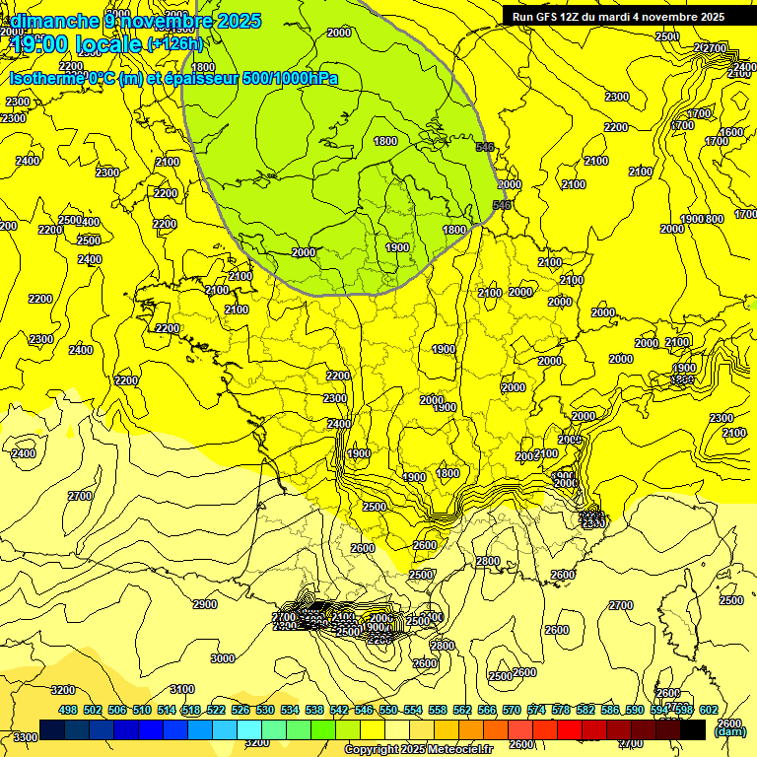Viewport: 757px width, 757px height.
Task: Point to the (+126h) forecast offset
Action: (x=174, y=43)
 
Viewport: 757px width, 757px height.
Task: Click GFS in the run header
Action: (x=547, y=16)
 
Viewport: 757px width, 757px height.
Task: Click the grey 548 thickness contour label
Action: (x=484, y=147)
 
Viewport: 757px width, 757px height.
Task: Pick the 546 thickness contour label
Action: (x=502, y=204)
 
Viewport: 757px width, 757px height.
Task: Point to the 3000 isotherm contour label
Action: (x=223, y=658)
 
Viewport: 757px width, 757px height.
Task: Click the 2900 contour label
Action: (x=205, y=604)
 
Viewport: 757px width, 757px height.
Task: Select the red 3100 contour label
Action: (x=181, y=689)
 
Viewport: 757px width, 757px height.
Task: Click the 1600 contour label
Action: (x=730, y=132)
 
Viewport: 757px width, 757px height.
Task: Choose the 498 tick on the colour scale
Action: (x=68, y=710)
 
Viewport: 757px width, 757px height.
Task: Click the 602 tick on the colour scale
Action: (x=708, y=710)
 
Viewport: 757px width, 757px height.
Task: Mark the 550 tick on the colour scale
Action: (x=388, y=710)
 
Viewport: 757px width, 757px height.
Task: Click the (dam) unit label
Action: (x=728, y=732)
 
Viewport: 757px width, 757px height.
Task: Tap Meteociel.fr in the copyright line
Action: (x=459, y=750)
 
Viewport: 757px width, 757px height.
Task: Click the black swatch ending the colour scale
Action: (x=693, y=729)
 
